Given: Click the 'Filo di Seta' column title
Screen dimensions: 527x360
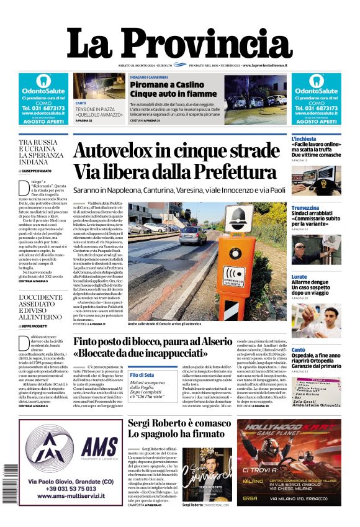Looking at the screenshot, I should (x=142, y=375).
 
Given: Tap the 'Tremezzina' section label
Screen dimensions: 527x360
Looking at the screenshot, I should (x=305, y=208).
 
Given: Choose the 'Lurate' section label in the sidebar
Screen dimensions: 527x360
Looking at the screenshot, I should (x=299, y=276).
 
